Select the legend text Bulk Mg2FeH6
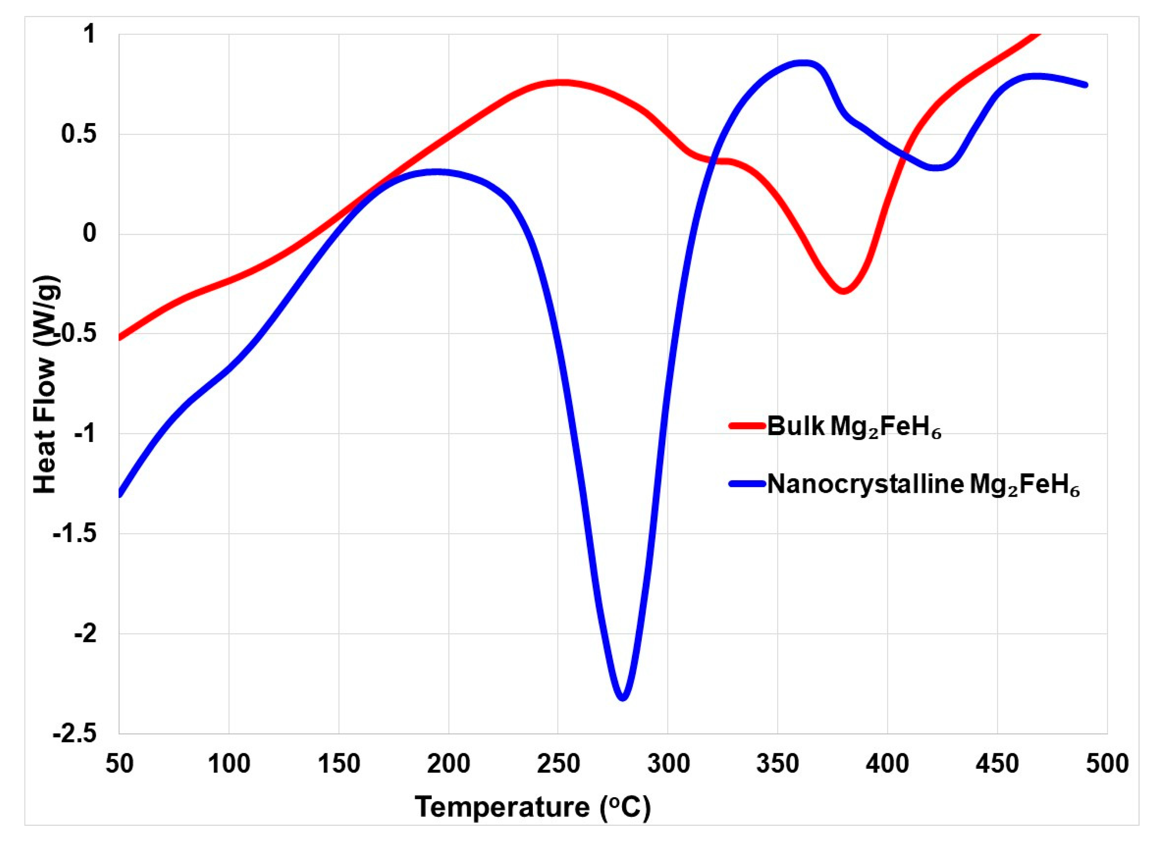tap(854, 427)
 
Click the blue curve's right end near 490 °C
tap(1085, 85)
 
